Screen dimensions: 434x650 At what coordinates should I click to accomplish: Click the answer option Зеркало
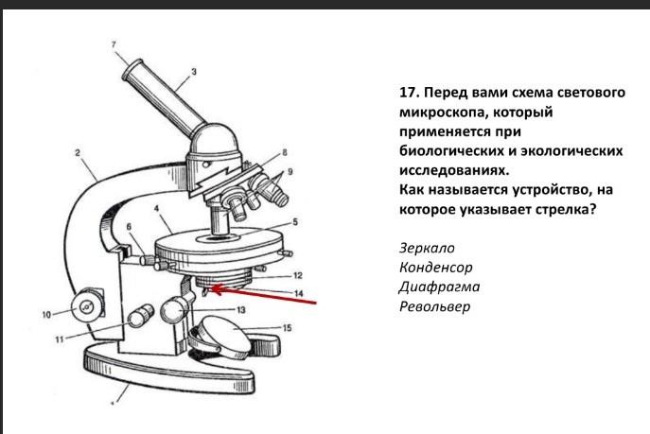(429, 248)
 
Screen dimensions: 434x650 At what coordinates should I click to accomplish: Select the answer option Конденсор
(436, 268)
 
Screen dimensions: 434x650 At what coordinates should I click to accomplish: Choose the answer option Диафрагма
(440, 287)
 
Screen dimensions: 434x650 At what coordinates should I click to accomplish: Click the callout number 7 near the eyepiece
(113, 45)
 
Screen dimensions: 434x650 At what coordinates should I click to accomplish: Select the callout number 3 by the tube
(194, 72)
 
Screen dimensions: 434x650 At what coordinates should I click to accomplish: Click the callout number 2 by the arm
(78, 151)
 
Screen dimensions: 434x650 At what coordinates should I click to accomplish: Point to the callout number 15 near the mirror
(288, 327)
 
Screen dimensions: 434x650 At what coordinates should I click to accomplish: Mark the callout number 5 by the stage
(294, 222)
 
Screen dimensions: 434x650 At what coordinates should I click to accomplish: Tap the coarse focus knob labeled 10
(88, 304)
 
